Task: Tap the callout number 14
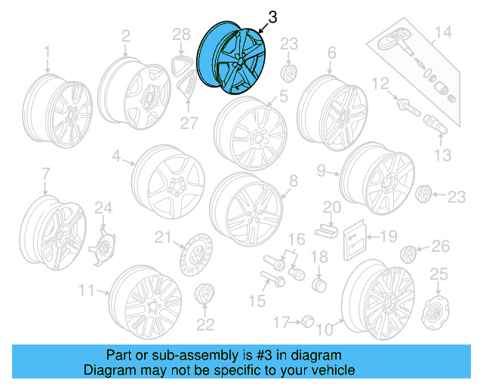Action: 442,32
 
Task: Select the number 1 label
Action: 47,51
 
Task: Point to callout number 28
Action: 181,34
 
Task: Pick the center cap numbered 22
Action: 205,296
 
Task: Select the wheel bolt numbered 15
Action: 272,281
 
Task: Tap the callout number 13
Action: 442,155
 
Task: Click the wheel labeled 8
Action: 245,206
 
